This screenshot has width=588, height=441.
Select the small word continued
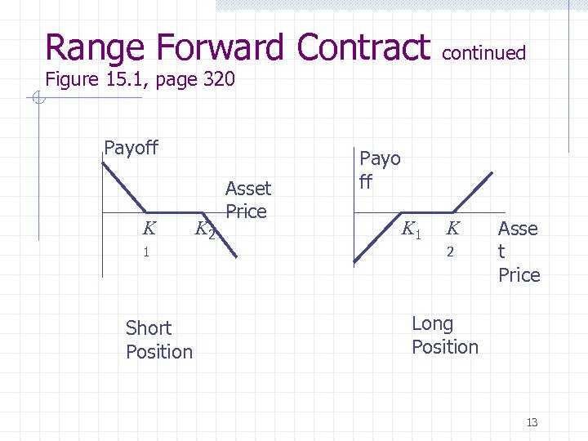click(483, 53)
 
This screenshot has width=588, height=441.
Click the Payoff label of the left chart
click(131, 148)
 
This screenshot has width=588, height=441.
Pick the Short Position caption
click(158, 340)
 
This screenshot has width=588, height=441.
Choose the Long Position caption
click(444, 336)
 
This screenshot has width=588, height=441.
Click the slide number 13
click(532, 422)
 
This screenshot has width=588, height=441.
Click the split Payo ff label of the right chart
click(380, 170)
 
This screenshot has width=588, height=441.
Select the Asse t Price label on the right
click(519, 252)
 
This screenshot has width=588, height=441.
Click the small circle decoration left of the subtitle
click(38, 99)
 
